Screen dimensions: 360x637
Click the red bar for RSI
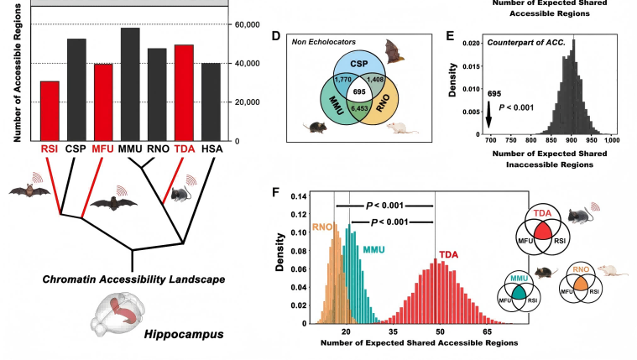click(50, 111)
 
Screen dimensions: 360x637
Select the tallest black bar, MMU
click(130, 84)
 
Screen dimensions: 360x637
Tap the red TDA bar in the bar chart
click(184, 92)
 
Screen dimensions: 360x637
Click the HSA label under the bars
click(211, 149)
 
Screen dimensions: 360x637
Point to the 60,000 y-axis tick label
click(249, 24)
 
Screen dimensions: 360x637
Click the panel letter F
click(277, 191)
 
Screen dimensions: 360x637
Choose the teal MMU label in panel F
click(376, 251)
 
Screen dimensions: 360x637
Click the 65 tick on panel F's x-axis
click(487, 332)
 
